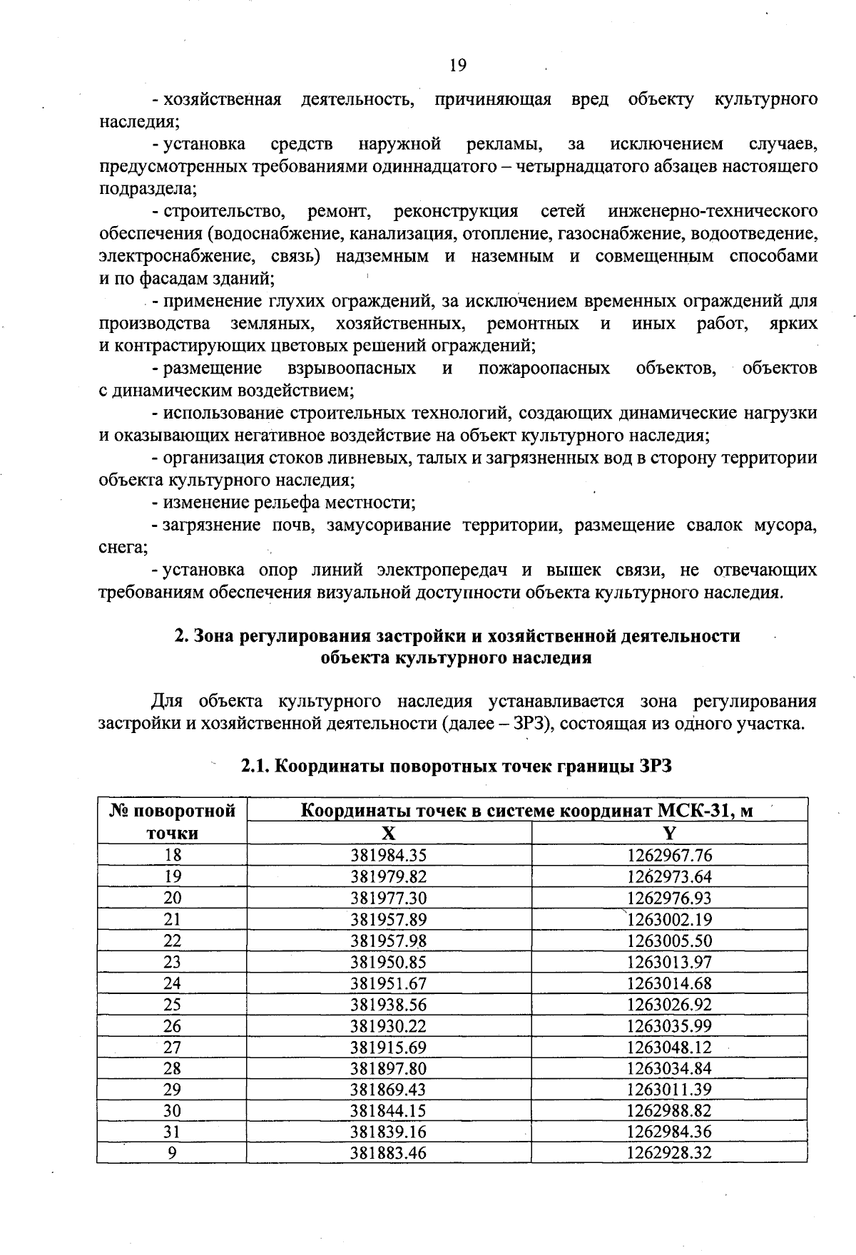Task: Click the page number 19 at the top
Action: [x=458, y=66]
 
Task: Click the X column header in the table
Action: [x=388, y=834]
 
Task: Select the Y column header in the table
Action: [x=669, y=834]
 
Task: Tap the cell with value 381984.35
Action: [x=388, y=855]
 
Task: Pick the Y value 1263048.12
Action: [x=669, y=1047]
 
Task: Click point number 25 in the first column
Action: [x=172, y=1004]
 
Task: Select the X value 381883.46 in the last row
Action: [x=388, y=1152]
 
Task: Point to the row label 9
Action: [x=172, y=1152]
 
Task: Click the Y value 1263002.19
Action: [x=669, y=919]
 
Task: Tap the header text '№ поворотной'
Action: [x=172, y=811]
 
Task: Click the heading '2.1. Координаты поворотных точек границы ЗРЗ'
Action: [x=457, y=767]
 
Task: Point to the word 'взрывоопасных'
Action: [x=352, y=368]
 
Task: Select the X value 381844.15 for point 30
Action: [x=388, y=1110]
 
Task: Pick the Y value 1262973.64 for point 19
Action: [x=669, y=876]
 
